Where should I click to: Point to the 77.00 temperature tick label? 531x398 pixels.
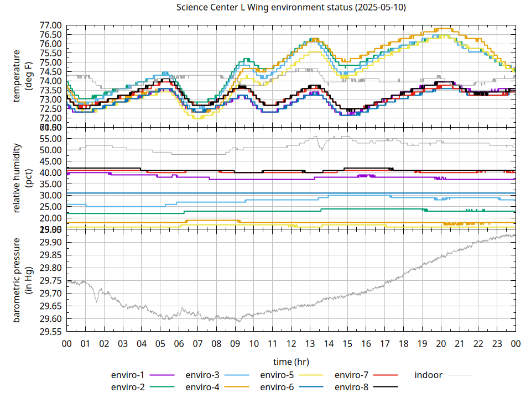tap(51, 25)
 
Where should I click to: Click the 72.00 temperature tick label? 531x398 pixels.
tap(51, 118)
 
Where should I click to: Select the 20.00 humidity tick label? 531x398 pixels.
tap(51, 218)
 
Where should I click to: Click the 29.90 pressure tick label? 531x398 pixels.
tap(51, 243)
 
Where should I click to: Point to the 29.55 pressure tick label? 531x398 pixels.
tap(51, 332)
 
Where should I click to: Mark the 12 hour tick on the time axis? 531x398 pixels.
tap(291, 343)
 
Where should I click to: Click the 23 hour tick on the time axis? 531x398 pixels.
tap(497, 343)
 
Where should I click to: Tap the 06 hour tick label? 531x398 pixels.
tap(179, 343)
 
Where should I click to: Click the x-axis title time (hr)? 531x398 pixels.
tap(291, 362)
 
